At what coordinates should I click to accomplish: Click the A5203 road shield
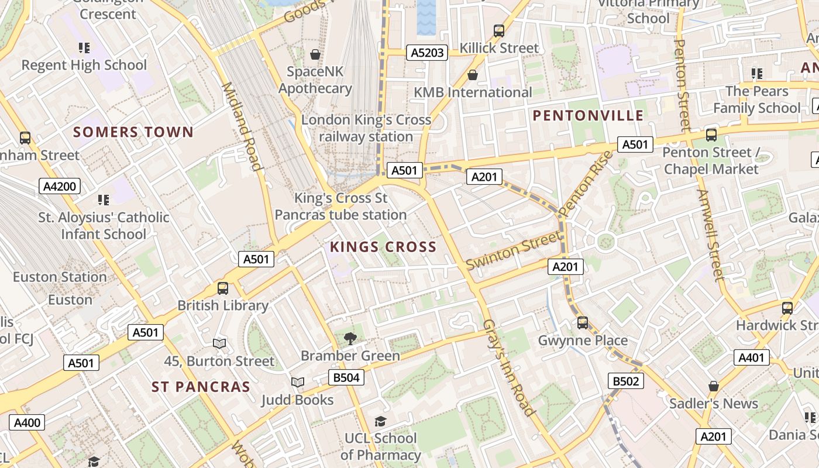point(427,53)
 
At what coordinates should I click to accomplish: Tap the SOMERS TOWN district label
point(133,132)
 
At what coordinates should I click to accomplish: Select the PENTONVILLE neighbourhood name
point(588,116)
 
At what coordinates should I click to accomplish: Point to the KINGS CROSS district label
point(383,247)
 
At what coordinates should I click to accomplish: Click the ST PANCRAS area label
point(201,387)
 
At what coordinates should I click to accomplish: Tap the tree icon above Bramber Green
point(350,338)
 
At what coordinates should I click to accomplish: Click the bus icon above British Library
point(223,288)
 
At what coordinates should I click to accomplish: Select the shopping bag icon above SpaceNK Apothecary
point(315,54)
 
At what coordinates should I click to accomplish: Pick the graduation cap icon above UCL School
point(380,421)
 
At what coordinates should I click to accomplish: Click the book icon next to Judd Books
point(298,382)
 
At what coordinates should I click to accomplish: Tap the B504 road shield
point(346,377)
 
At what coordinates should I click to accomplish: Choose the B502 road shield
point(625,381)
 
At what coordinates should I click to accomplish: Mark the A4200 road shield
point(60,187)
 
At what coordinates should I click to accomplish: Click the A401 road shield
point(751,357)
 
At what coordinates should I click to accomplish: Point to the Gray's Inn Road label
point(509,368)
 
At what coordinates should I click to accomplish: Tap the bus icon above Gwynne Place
point(582,322)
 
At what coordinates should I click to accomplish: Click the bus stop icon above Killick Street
point(499,30)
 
